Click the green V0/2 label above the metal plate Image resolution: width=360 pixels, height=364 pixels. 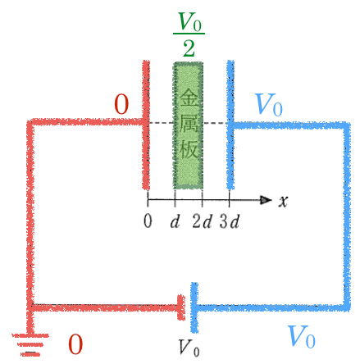[x=189, y=34]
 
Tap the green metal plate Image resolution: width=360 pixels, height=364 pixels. [x=188, y=125]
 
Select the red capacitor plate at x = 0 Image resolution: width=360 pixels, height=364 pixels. [x=146, y=125]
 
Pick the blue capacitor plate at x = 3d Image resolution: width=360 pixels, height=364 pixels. [x=230, y=125]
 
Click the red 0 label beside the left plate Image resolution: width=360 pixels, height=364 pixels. [x=121, y=104]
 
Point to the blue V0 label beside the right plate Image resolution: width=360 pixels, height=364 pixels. [x=268, y=104]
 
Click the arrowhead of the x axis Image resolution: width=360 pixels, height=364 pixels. [x=266, y=200]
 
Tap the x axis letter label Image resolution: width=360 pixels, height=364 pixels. [x=283, y=202]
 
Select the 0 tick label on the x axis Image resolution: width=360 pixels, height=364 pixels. [x=148, y=221]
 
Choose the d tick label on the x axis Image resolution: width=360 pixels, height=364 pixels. [x=175, y=221]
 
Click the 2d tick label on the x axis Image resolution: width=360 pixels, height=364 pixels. [x=202, y=221]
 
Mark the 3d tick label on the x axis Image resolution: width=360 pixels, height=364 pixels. [x=230, y=221]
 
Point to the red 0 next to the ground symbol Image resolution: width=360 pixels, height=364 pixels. [x=75, y=344]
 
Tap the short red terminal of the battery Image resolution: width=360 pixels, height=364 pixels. [x=181, y=307]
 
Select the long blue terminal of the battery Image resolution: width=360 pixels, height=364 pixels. [x=194, y=307]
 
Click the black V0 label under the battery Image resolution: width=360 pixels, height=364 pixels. [x=189, y=348]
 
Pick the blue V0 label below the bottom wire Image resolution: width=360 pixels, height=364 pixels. [x=302, y=337]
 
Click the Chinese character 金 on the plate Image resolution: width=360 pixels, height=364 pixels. [x=189, y=98]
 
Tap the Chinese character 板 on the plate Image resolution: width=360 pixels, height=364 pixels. [x=189, y=149]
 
